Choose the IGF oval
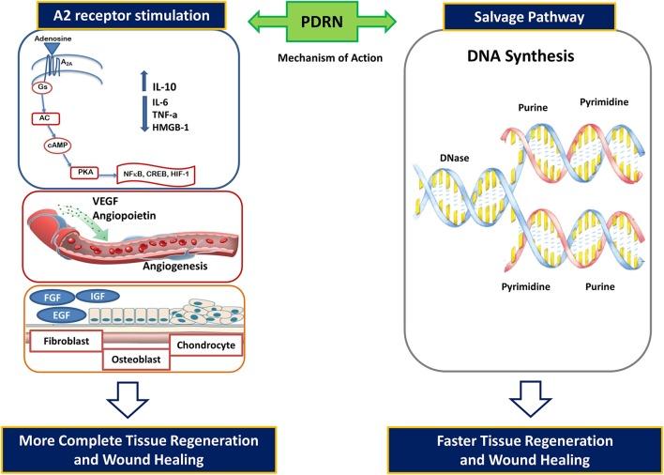tap(97, 297)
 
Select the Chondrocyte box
tap(204, 345)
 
